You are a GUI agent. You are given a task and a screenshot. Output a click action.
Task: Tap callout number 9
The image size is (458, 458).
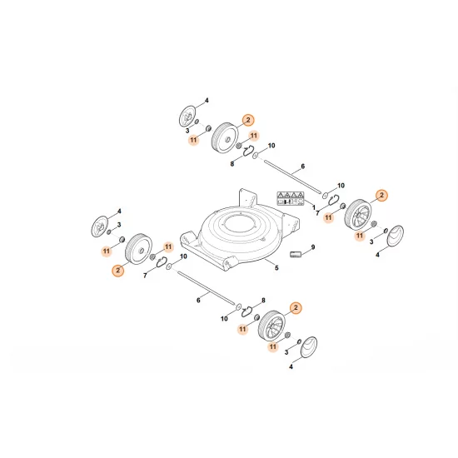(312, 247)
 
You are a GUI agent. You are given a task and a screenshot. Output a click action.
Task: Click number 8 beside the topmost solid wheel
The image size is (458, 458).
(231, 164)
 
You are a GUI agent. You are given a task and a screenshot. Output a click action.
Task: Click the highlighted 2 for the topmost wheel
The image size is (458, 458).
(246, 120)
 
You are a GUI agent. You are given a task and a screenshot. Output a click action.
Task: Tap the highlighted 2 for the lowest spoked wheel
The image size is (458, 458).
(293, 307)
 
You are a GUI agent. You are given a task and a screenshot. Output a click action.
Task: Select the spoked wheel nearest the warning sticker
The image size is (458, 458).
(360, 213)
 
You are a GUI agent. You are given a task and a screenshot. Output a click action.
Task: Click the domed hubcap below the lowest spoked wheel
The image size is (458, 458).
(307, 348)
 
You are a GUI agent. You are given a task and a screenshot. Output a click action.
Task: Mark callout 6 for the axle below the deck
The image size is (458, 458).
(197, 299)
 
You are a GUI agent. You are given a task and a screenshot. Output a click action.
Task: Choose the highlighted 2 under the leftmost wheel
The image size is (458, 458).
(118, 271)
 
